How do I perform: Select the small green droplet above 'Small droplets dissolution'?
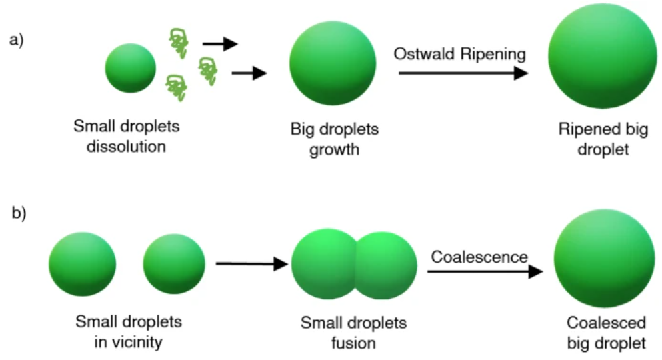130,67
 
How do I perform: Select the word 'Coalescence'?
479,256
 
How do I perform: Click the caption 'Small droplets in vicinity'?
129,332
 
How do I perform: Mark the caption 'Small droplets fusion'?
353,332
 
